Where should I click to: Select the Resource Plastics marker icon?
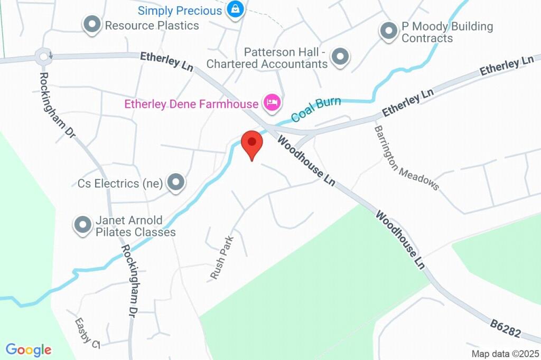[x=92, y=24]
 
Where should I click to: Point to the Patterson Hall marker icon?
[x=340, y=56]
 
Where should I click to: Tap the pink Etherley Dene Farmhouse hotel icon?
[x=272, y=102]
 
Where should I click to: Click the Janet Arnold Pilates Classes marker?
[x=82, y=225]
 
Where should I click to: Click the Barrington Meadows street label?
[x=406, y=157]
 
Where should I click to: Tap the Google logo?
[x=29, y=349]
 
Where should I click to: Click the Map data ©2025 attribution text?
[x=505, y=354]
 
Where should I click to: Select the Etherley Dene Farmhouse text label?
[x=191, y=104]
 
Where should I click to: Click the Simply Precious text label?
[x=180, y=11]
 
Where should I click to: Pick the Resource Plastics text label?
[x=152, y=25]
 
